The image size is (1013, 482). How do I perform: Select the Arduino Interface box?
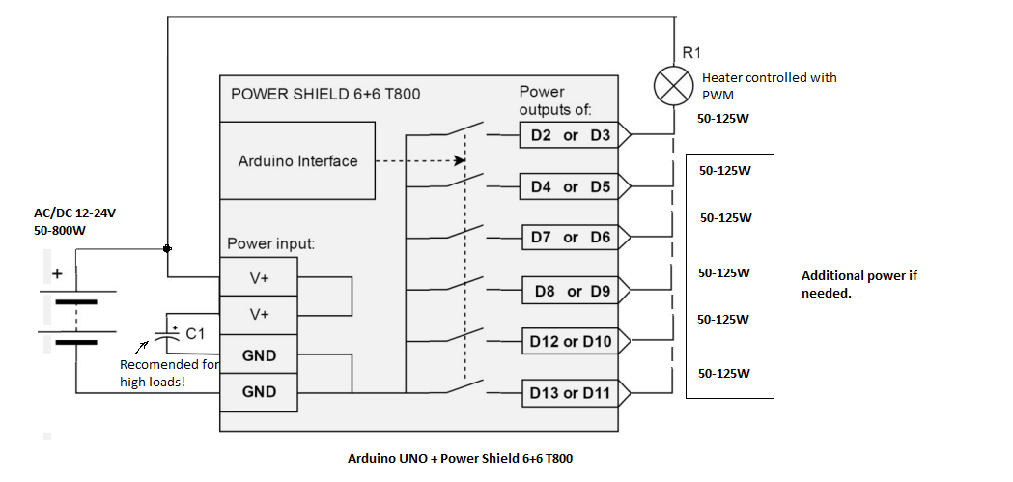click(x=297, y=161)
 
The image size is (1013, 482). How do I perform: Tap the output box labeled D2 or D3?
click(x=571, y=135)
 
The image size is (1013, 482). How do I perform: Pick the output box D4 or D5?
click(x=571, y=186)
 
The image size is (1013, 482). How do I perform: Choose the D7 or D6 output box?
click(x=571, y=237)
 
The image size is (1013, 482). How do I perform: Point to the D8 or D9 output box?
click(x=574, y=290)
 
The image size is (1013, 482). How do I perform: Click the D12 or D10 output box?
click(x=571, y=341)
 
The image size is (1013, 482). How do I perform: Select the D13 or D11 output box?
click(x=571, y=392)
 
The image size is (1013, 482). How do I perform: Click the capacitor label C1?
click(x=195, y=334)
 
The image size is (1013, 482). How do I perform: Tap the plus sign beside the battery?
click(x=57, y=274)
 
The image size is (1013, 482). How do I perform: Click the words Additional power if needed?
click(x=858, y=283)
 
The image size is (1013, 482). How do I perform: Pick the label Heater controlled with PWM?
click(x=769, y=86)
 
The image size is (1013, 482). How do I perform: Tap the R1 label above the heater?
click(x=691, y=53)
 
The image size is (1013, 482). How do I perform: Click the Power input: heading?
click(x=271, y=244)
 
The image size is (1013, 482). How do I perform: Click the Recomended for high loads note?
click(x=169, y=373)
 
